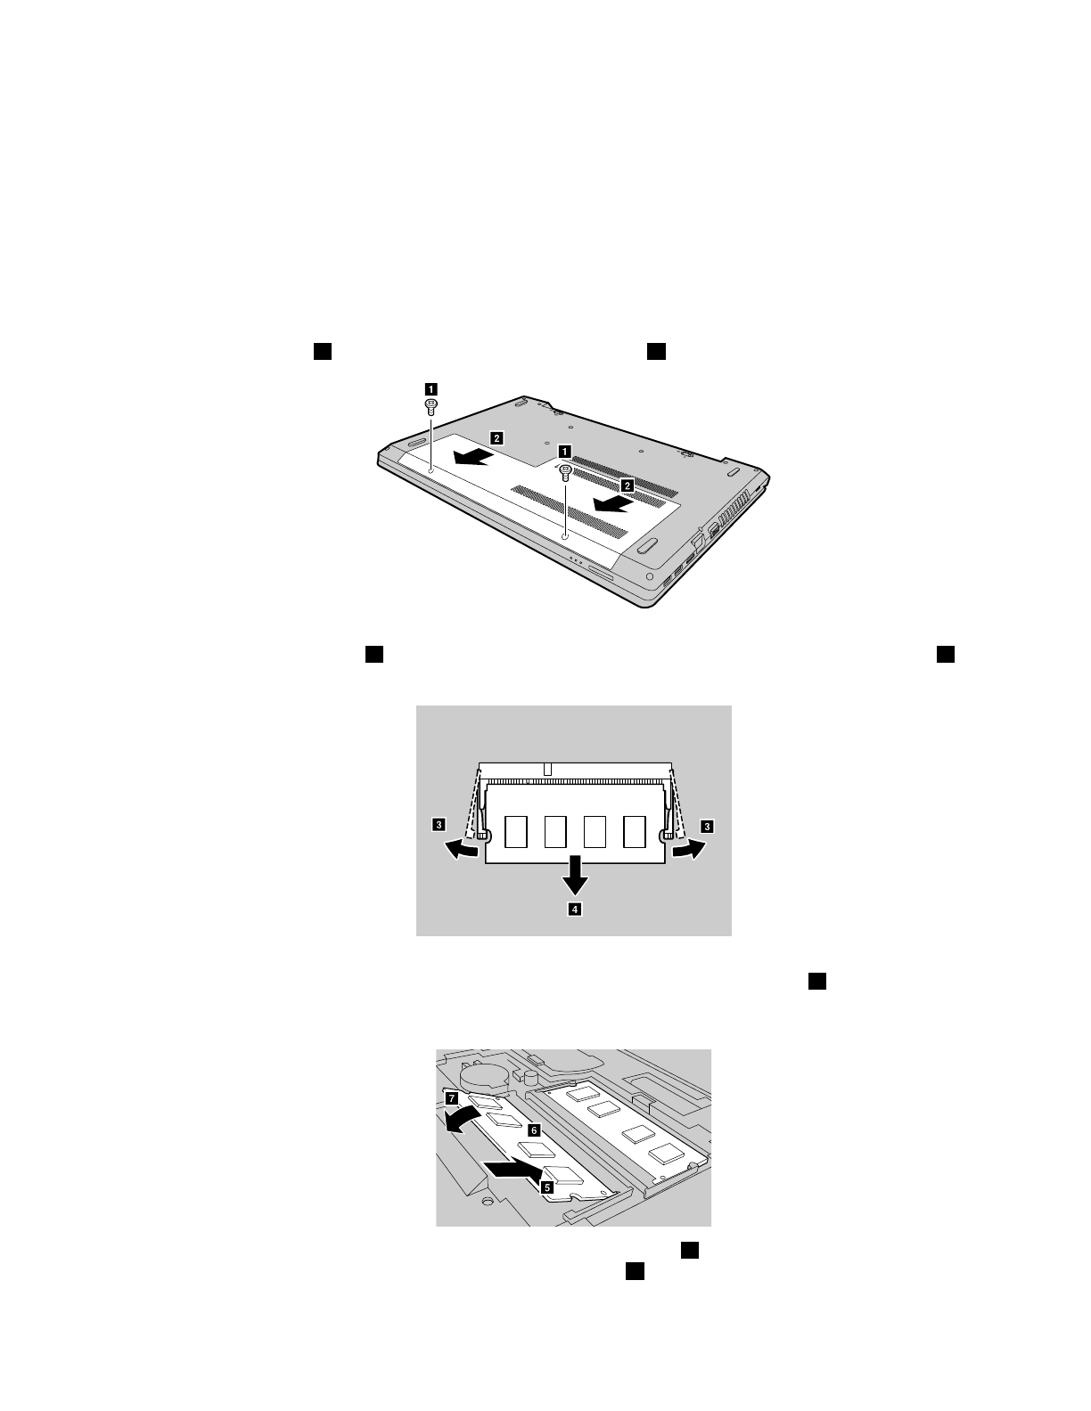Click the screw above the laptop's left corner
point(431,406)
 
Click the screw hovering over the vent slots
point(565,473)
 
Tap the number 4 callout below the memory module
point(576,909)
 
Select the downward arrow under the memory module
point(575,876)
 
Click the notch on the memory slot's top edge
point(550,767)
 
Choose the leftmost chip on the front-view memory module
point(516,831)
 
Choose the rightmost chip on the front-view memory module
point(635,831)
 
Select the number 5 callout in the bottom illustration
point(548,1187)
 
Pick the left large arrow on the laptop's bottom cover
point(471,457)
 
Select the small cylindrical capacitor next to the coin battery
point(533,1076)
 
